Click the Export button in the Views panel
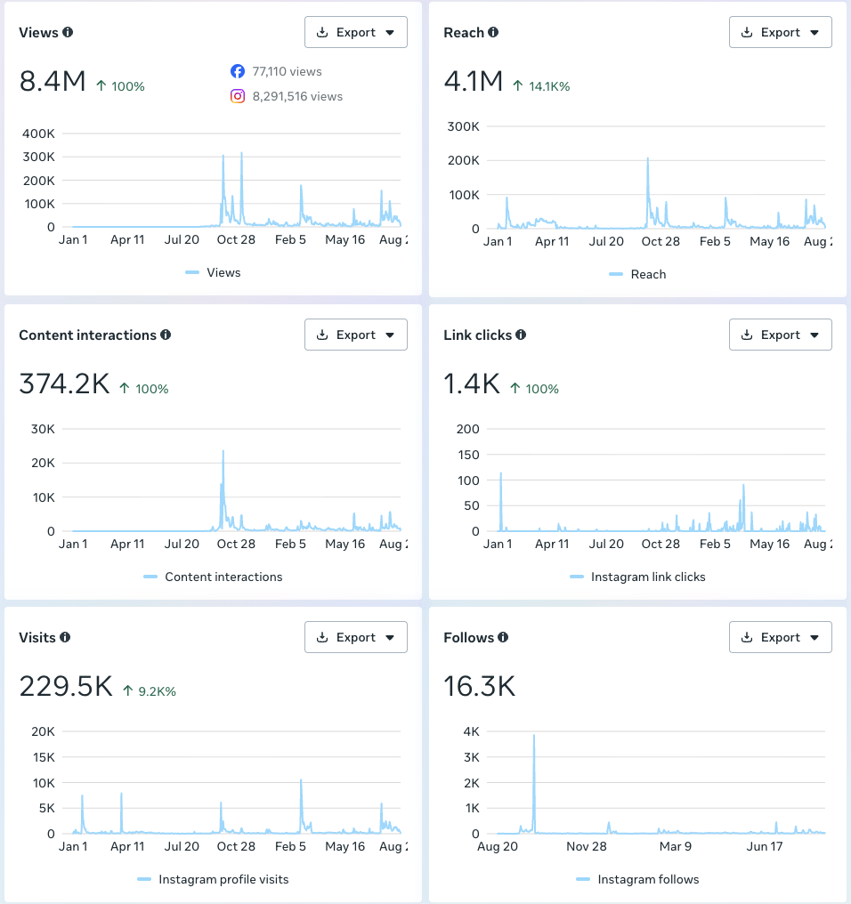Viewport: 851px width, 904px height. (x=356, y=32)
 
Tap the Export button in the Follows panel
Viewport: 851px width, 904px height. (x=780, y=637)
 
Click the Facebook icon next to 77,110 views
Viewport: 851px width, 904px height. (x=237, y=71)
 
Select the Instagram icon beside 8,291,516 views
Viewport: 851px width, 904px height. (x=238, y=96)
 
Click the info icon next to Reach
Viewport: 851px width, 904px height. (x=493, y=32)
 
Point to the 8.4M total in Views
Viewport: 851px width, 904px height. (x=53, y=81)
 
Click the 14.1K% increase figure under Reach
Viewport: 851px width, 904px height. (x=541, y=86)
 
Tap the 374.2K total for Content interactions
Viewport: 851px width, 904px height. (x=64, y=383)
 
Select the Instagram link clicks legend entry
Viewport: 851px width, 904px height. (x=637, y=577)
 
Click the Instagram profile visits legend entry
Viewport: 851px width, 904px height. (x=213, y=879)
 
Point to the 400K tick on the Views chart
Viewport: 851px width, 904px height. (x=38, y=133)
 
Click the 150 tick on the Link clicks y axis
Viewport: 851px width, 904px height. (x=468, y=455)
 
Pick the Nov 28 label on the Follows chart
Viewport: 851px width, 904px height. (x=587, y=846)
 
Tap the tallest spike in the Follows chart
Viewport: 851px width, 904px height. (x=534, y=736)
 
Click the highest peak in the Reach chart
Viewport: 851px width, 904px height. (x=648, y=158)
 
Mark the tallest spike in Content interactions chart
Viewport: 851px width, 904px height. (x=223, y=451)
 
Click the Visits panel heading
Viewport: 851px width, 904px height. (x=37, y=638)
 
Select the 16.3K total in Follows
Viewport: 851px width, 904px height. (x=480, y=686)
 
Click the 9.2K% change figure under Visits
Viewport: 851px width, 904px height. (x=150, y=691)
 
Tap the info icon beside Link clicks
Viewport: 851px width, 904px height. (x=521, y=335)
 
